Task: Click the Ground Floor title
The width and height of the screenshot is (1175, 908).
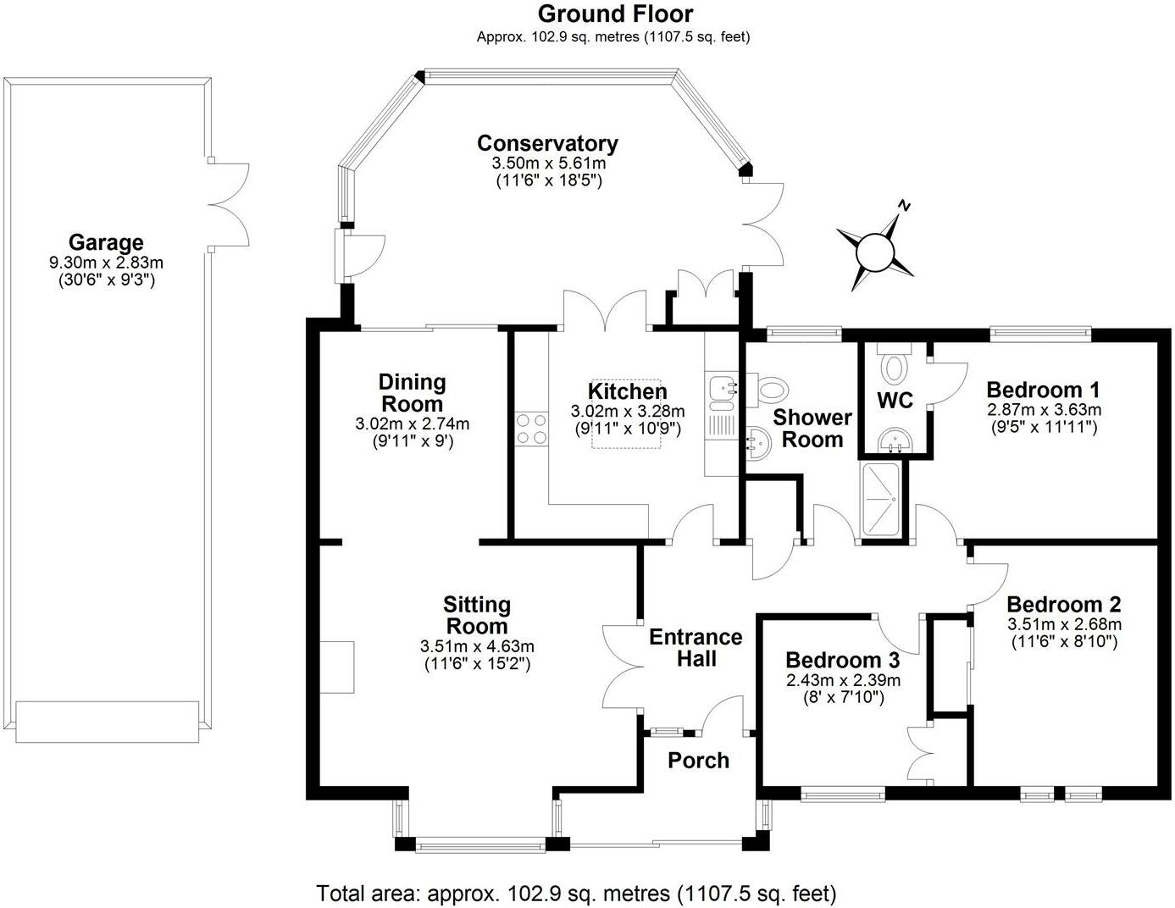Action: pyautogui.click(x=615, y=14)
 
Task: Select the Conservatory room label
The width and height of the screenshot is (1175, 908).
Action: pyautogui.click(x=547, y=143)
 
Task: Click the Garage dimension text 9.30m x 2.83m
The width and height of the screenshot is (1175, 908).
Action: pyautogui.click(x=106, y=263)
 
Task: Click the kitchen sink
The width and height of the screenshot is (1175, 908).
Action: pyautogui.click(x=723, y=390)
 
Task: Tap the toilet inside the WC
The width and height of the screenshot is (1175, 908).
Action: pyautogui.click(x=893, y=367)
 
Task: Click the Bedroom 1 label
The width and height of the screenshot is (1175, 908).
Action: pyautogui.click(x=1043, y=390)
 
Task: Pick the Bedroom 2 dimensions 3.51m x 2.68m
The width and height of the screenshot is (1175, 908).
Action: pyautogui.click(x=1064, y=624)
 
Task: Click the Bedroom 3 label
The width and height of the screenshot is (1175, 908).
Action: pyautogui.click(x=842, y=660)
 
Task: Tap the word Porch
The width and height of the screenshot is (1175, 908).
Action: pyautogui.click(x=698, y=760)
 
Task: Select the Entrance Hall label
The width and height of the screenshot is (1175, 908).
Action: pyautogui.click(x=696, y=648)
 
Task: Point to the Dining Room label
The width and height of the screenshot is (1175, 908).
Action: pyautogui.click(x=412, y=393)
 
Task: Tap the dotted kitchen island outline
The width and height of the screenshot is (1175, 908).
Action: pyautogui.click(x=626, y=414)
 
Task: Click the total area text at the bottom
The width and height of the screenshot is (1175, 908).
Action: pyautogui.click(x=576, y=893)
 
